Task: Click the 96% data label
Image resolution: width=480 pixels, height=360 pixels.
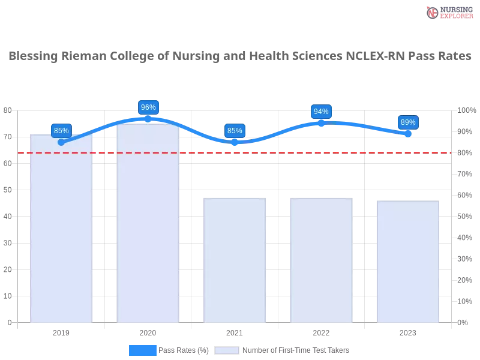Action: pos(148,107)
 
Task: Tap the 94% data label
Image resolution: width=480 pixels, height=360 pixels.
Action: pos(321,112)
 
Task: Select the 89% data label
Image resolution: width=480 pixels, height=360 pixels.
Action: pos(408,122)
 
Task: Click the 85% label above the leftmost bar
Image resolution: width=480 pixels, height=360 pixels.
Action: pos(61,131)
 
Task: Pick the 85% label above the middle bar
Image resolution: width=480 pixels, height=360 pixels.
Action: pos(235,131)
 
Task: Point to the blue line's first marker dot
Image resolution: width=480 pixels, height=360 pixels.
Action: pos(61,142)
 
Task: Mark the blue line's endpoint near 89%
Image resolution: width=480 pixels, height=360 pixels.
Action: pos(408,134)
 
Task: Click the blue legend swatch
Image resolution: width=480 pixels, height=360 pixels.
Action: pos(143,350)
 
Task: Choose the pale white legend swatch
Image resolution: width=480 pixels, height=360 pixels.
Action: pos(227,350)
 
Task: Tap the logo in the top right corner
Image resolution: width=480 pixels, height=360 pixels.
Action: pos(448,12)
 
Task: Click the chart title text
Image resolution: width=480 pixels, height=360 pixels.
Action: pos(240,56)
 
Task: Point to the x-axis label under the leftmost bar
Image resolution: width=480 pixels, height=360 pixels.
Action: pos(62,331)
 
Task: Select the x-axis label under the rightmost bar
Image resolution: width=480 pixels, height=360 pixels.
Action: pos(407,331)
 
